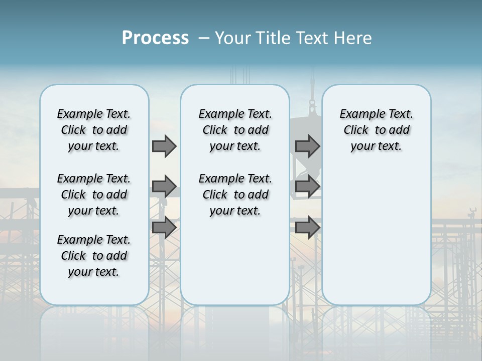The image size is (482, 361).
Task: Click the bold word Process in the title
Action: point(155,38)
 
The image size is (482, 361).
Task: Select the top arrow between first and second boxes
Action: point(164,146)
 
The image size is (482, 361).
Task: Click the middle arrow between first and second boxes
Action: point(164,187)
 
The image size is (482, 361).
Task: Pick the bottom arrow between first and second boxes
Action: point(164,227)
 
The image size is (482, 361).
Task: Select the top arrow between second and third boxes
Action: point(307,146)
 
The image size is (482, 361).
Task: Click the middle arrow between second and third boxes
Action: point(307,187)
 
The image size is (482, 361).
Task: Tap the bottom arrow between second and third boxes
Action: point(307,227)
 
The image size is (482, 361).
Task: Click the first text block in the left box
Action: point(94,130)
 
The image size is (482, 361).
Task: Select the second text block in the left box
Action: point(94,195)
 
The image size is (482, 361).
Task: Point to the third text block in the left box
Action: point(94,256)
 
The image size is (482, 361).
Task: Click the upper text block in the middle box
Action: point(235,130)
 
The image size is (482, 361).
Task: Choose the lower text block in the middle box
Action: point(235,195)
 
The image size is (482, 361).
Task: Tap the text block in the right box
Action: point(376,130)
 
